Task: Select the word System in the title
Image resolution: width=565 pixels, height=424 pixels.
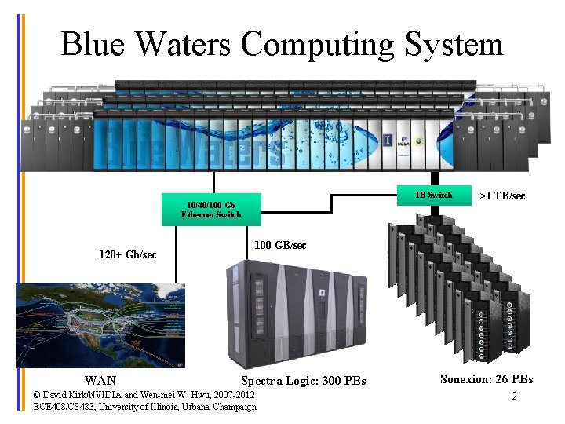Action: [x=454, y=46]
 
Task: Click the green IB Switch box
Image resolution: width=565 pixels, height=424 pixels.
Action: [x=433, y=196]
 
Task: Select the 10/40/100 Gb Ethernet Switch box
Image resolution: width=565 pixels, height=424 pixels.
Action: [x=210, y=210]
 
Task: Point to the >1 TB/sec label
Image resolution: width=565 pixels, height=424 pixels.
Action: [x=502, y=196]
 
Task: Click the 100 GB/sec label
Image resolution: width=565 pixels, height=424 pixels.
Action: [x=281, y=246]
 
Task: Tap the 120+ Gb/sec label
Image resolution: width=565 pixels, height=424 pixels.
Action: [x=127, y=254]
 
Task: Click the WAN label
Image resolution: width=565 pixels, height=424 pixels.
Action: [x=100, y=381]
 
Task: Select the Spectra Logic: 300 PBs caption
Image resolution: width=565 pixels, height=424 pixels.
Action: [x=303, y=381]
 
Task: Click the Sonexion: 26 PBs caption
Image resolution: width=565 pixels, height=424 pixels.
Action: [x=487, y=379]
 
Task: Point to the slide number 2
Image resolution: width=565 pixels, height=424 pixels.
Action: [x=514, y=396]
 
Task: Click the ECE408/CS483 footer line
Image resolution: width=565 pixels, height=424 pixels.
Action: [x=145, y=407]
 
